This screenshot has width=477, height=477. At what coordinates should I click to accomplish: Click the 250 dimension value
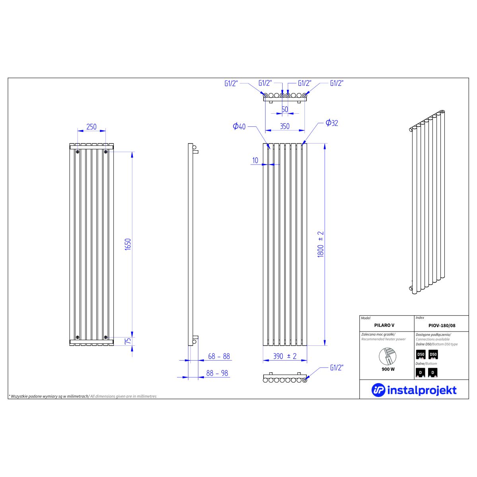pyautogui.click(x=91, y=127)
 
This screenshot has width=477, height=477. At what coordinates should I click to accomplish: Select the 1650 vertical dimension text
pyautogui.click(x=128, y=244)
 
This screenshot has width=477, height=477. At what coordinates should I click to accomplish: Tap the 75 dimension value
pyautogui.click(x=128, y=341)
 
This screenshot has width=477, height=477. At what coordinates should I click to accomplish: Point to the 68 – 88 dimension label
pyautogui.click(x=219, y=356)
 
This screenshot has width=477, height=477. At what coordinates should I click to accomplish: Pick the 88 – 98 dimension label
pyautogui.click(x=217, y=373)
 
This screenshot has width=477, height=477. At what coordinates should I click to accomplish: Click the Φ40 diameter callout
pyautogui.click(x=239, y=126)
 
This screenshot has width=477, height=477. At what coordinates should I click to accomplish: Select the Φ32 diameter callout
pyautogui.click(x=332, y=123)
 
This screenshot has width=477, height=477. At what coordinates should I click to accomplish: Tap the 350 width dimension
pyautogui.click(x=285, y=126)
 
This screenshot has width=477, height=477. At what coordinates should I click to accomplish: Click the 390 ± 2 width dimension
pyautogui.click(x=285, y=356)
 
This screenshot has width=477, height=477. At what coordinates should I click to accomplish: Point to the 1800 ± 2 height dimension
pyautogui.click(x=320, y=244)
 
